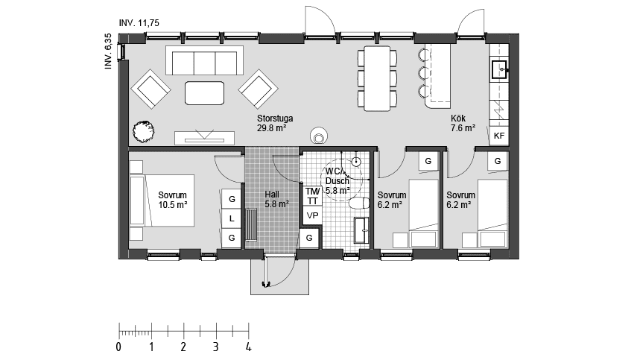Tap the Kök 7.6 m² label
pyautogui.click(x=463, y=123)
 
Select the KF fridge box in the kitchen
pyautogui.click(x=499, y=136)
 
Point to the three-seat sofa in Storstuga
pyautogui.click(x=204, y=60)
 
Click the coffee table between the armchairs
pyautogui.click(x=204, y=93)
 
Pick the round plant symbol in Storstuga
pyautogui.click(x=144, y=132)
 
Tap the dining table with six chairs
pyautogui.click(x=378, y=78)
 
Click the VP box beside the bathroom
pyautogui.click(x=312, y=215)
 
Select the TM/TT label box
pyautogui.click(x=312, y=196)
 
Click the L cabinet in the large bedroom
pyautogui.click(x=232, y=218)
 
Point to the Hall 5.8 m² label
pyautogui.click(x=276, y=199)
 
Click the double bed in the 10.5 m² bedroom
pyautogui.click(x=162, y=200)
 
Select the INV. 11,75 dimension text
pyautogui.click(x=139, y=23)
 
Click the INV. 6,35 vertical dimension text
pyautogui.click(x=108, y=51)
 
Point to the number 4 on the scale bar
pyautogui.click(x=248, y=347)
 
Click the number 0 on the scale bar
pyautogui.click(x=118, y=347)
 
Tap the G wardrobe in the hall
pyautogui.click(x=309, y=238)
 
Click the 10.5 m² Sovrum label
pyautogui.click(x=173, y=200)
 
